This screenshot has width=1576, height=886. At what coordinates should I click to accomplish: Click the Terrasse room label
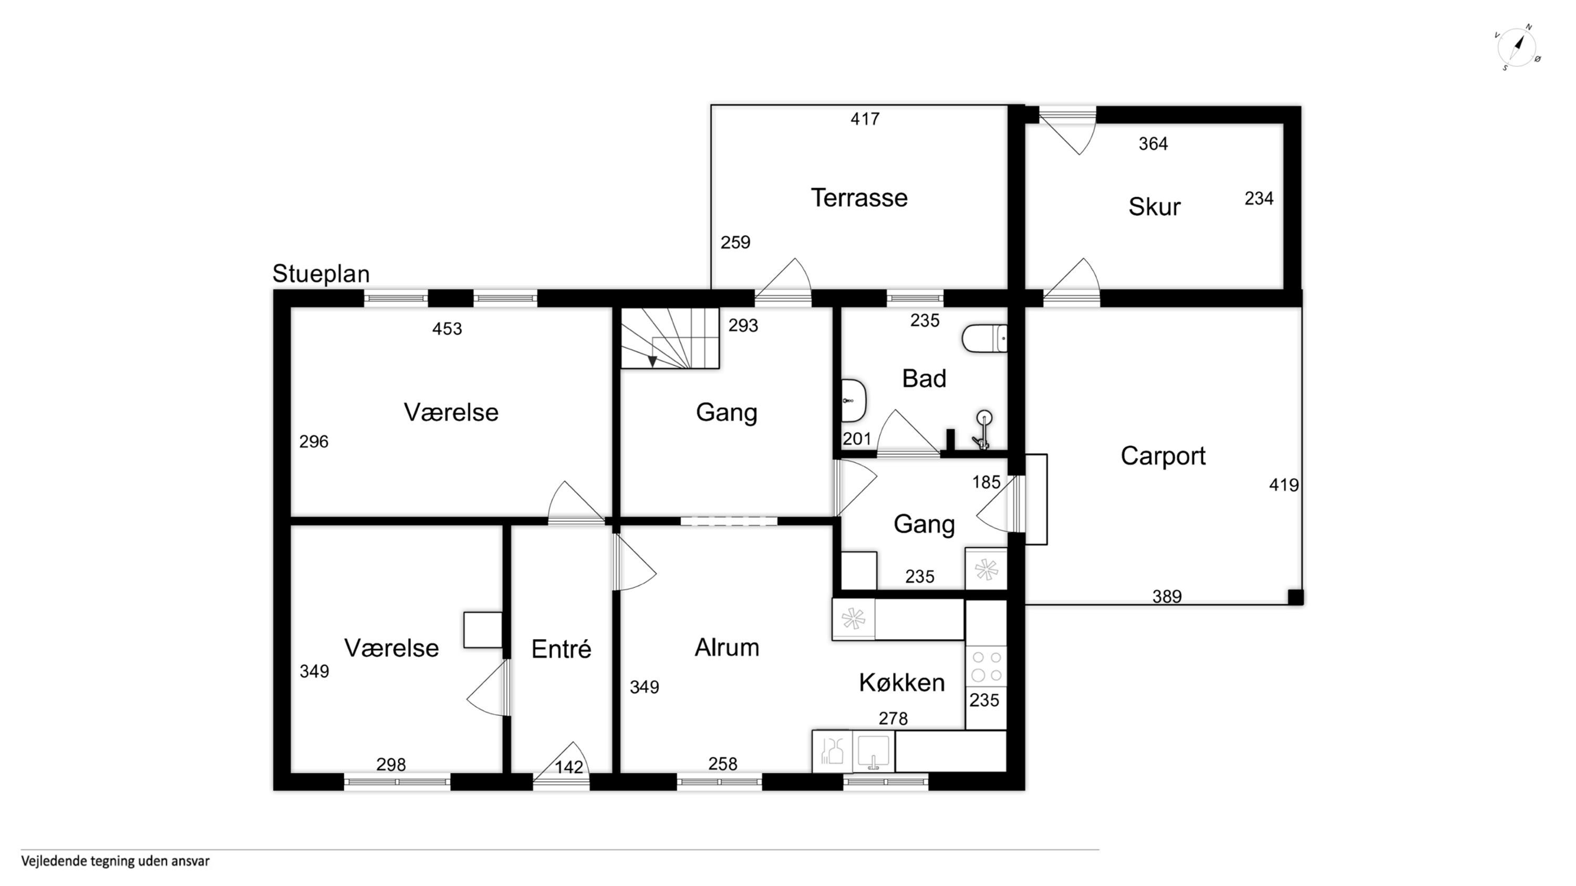point(859,198)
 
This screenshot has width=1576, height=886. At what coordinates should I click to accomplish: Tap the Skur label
point(1154,207)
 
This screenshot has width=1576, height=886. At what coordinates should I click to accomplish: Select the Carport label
point(1163,456)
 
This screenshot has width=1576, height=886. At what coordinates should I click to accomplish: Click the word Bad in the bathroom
point(924,379)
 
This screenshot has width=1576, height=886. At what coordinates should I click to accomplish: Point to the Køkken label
point(902,682)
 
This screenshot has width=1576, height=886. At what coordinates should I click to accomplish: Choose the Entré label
point(561,648)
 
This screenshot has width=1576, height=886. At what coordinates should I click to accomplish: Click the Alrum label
point(727,647)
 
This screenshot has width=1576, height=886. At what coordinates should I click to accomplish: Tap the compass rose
point(1517,48)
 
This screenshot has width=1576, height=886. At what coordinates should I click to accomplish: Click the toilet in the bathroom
point(984,338)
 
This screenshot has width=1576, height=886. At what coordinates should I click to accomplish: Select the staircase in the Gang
point(670,338)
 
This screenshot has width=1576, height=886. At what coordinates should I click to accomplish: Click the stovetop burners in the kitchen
point(986,666)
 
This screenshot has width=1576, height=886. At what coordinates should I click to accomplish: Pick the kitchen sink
point(873,751)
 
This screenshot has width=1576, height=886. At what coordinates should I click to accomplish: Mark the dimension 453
point(447,329)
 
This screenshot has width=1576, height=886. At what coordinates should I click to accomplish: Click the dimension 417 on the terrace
point(865,119)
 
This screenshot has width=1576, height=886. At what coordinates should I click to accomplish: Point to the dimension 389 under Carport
point(1167,596)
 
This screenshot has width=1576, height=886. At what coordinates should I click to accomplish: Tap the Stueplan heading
point(320,273)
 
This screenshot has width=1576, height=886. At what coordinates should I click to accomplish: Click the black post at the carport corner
point(1295,597)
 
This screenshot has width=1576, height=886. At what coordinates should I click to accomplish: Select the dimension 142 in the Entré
point(569,767)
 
